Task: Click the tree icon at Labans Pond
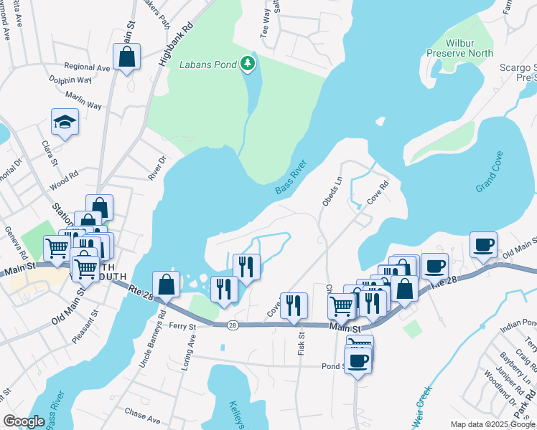(x=248, y=64)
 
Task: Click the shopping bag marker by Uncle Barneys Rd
(x=166, y=284)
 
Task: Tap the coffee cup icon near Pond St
(x=358, y=360)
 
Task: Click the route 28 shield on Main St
(x=232, y=325)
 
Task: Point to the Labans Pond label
(x=210, y=64)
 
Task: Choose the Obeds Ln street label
(x=332, y=192)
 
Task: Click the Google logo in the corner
(x=24, y=421)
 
